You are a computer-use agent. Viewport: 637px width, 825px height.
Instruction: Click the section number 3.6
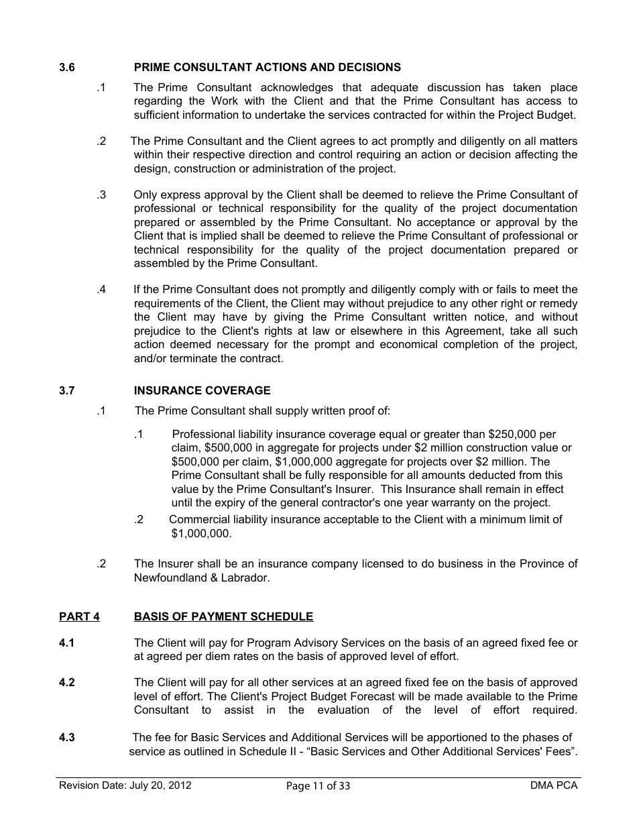67,67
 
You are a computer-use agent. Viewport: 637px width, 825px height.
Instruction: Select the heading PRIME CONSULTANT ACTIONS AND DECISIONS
267,67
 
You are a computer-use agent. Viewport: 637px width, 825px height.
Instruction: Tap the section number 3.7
67,390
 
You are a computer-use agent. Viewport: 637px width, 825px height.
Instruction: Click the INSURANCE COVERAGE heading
202,390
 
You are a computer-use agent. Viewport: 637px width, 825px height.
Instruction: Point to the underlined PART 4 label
79,616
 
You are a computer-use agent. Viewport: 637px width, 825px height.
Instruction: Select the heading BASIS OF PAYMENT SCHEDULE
223,616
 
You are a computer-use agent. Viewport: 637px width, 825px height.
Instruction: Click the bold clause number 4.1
67,643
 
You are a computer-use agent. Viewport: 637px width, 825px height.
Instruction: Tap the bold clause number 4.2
67,683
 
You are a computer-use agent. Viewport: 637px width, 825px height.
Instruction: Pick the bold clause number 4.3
67,738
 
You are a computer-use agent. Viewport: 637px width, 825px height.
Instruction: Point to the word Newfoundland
166,577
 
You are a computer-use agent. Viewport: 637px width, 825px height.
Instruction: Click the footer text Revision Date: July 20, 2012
125,785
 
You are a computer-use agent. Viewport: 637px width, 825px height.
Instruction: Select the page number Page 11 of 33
318,786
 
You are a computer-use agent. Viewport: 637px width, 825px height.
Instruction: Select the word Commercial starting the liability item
198,519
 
